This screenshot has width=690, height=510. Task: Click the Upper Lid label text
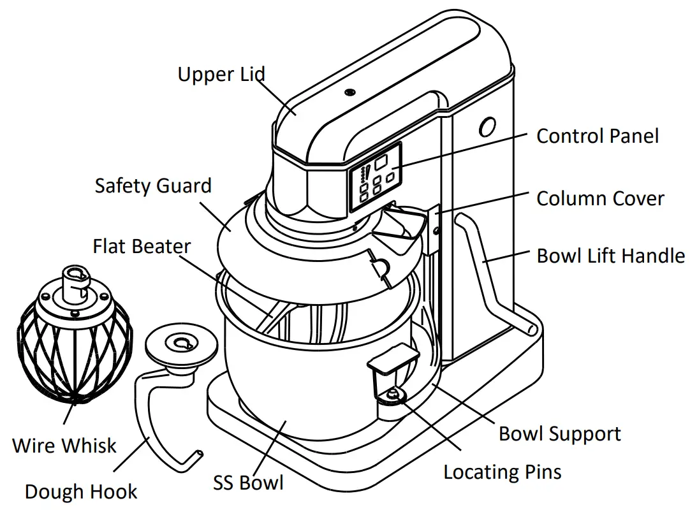point(221,75)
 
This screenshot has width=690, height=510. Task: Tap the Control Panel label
point(598,136)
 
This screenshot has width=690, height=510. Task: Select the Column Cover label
point(600,198)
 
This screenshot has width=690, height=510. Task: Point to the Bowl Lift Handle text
point(610,256)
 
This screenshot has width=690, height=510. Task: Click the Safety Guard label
point(153,186)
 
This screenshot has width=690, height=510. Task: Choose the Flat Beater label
point(142,246)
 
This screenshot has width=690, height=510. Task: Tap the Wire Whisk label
point(64,444)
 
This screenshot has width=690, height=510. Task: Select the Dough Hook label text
point(81,492)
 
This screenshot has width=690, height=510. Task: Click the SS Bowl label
point(248,483)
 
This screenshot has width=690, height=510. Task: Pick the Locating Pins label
point(503,472)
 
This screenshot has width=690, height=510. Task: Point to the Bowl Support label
point(559,434)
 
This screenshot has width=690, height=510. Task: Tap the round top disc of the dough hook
point(179,345)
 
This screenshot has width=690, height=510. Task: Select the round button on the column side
point(488,127)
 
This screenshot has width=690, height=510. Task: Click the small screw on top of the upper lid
point(349,93)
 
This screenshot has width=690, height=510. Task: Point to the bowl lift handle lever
point(488,274)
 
